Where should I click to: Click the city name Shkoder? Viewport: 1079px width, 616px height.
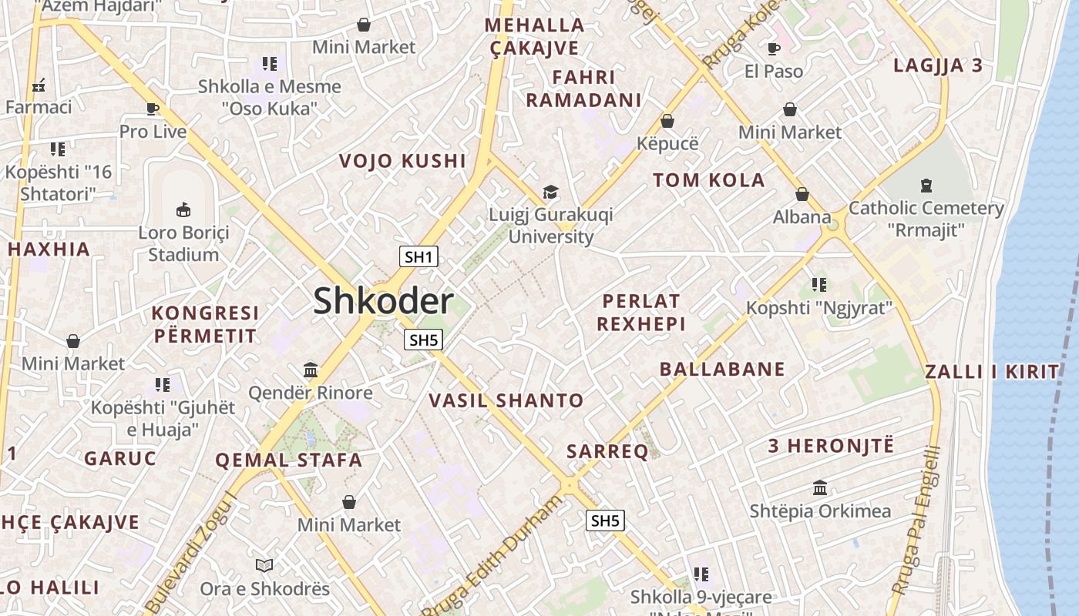[x=383, y=301]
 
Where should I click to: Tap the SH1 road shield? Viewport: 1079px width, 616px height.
[x=418, y=257]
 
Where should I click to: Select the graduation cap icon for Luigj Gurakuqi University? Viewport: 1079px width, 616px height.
[x=550, y=192]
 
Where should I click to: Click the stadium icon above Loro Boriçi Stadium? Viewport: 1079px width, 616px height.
[x=183, y=209]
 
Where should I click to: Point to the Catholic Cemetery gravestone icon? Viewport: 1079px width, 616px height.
[x=926, y=185]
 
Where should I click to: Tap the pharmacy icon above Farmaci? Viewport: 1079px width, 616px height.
[x=38, y=85]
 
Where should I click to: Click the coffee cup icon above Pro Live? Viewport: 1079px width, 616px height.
[x=153, y=109]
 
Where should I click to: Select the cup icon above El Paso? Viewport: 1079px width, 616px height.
[x=774, y=49]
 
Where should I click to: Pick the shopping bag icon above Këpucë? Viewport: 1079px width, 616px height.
[x=667, y=121]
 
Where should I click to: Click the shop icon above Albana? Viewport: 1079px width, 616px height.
[x=802, y=194]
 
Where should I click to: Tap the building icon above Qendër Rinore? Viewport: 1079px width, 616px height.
[x=311, y=370]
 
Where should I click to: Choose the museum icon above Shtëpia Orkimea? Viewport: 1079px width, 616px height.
[x=820, y=488]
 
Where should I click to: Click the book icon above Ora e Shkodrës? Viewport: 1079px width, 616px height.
[x=264, y=566]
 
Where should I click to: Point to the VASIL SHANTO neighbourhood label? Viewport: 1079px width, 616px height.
[x=506, y=400]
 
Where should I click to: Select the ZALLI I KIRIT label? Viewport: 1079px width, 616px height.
[x=993, y=372]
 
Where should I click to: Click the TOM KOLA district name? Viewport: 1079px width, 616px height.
[x=709, y=180]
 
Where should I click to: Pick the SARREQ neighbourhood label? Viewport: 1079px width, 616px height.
[x=607, y=452]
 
